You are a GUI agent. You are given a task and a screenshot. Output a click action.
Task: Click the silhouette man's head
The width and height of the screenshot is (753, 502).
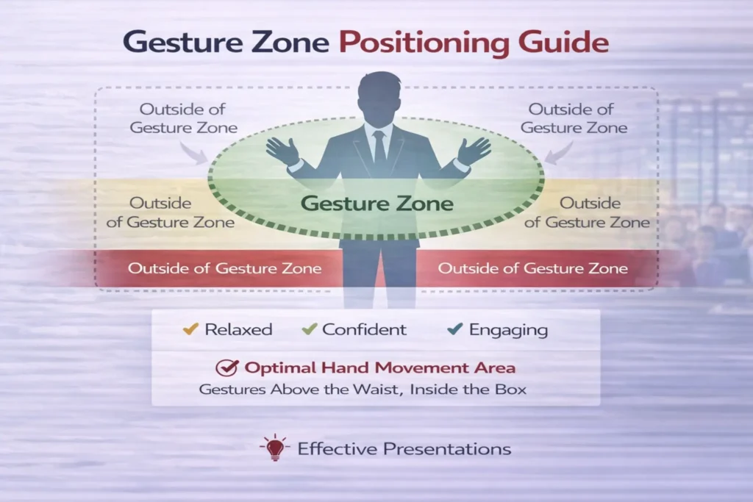(379, 96)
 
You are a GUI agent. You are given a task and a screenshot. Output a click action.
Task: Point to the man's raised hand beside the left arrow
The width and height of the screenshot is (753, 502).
(282, 151)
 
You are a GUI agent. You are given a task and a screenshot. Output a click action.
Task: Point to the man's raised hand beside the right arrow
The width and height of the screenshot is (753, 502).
(474, 151)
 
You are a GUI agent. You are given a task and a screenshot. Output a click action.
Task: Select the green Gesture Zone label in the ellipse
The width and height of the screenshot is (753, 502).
(377, 203)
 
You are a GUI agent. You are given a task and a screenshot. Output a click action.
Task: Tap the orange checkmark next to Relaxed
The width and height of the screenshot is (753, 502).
(190, 329)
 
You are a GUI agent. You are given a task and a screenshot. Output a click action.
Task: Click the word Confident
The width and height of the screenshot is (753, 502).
(364, 329)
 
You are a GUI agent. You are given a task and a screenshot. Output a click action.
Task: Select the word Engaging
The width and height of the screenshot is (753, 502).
(508, 330)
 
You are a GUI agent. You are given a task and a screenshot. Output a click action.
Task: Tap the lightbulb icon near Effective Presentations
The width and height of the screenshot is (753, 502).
(274, 447)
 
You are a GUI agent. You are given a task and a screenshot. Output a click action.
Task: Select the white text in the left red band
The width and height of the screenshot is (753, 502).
(224, 268)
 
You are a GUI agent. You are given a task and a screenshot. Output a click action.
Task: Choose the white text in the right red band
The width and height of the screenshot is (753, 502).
(533, 268)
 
